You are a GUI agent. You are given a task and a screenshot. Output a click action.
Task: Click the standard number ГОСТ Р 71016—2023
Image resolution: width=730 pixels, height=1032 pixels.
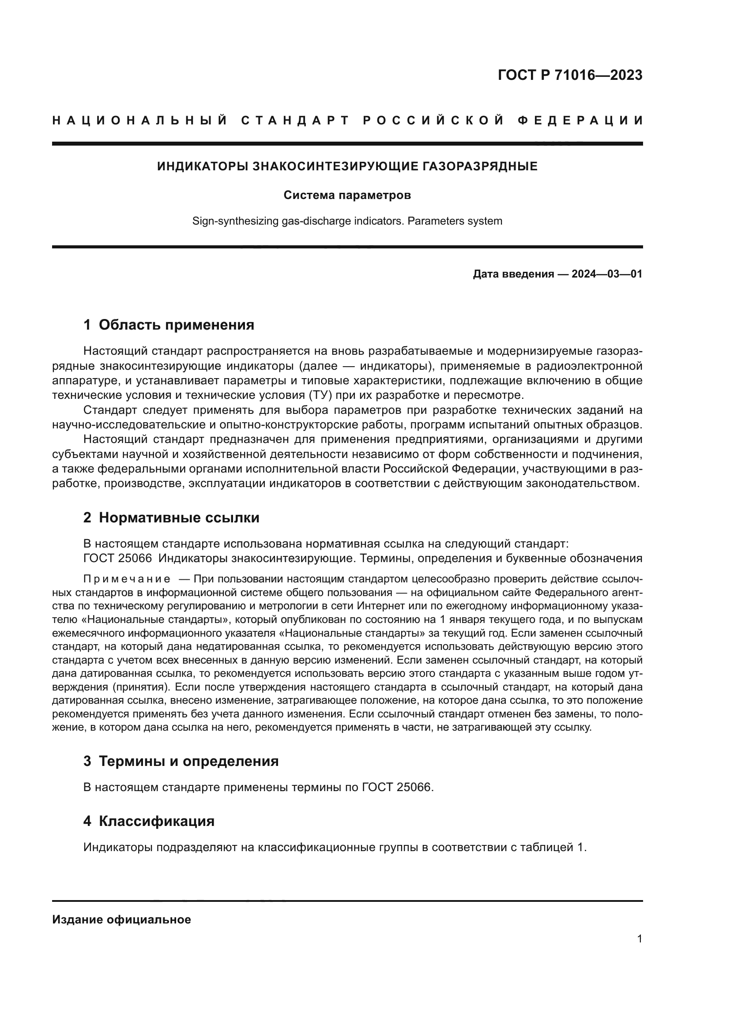(570, 75)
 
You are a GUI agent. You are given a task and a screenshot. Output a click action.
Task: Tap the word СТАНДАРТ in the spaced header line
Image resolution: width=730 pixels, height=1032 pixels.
(295, 120)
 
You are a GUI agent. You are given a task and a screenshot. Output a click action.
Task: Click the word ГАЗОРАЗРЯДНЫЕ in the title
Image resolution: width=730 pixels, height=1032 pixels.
(480, 167)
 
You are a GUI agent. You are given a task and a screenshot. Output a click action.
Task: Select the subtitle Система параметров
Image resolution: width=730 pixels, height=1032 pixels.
(347, 195)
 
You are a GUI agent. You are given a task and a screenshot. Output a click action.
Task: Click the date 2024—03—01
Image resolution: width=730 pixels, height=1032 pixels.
(606, 274)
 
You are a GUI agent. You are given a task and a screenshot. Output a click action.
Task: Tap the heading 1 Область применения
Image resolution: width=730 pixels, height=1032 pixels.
(169, 325)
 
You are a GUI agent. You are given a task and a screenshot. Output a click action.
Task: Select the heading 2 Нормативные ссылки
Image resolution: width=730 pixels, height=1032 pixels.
(171, 518)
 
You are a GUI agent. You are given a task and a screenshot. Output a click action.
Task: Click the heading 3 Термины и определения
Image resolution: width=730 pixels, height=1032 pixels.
(181, 761)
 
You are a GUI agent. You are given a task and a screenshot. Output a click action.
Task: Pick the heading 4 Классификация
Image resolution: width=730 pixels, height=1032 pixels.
(149, 821)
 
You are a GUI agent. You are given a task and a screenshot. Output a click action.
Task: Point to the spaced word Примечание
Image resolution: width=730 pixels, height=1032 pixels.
(127, 578)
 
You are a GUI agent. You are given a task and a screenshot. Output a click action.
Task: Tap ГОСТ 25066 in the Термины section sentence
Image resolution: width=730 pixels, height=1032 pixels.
(396, 787)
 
